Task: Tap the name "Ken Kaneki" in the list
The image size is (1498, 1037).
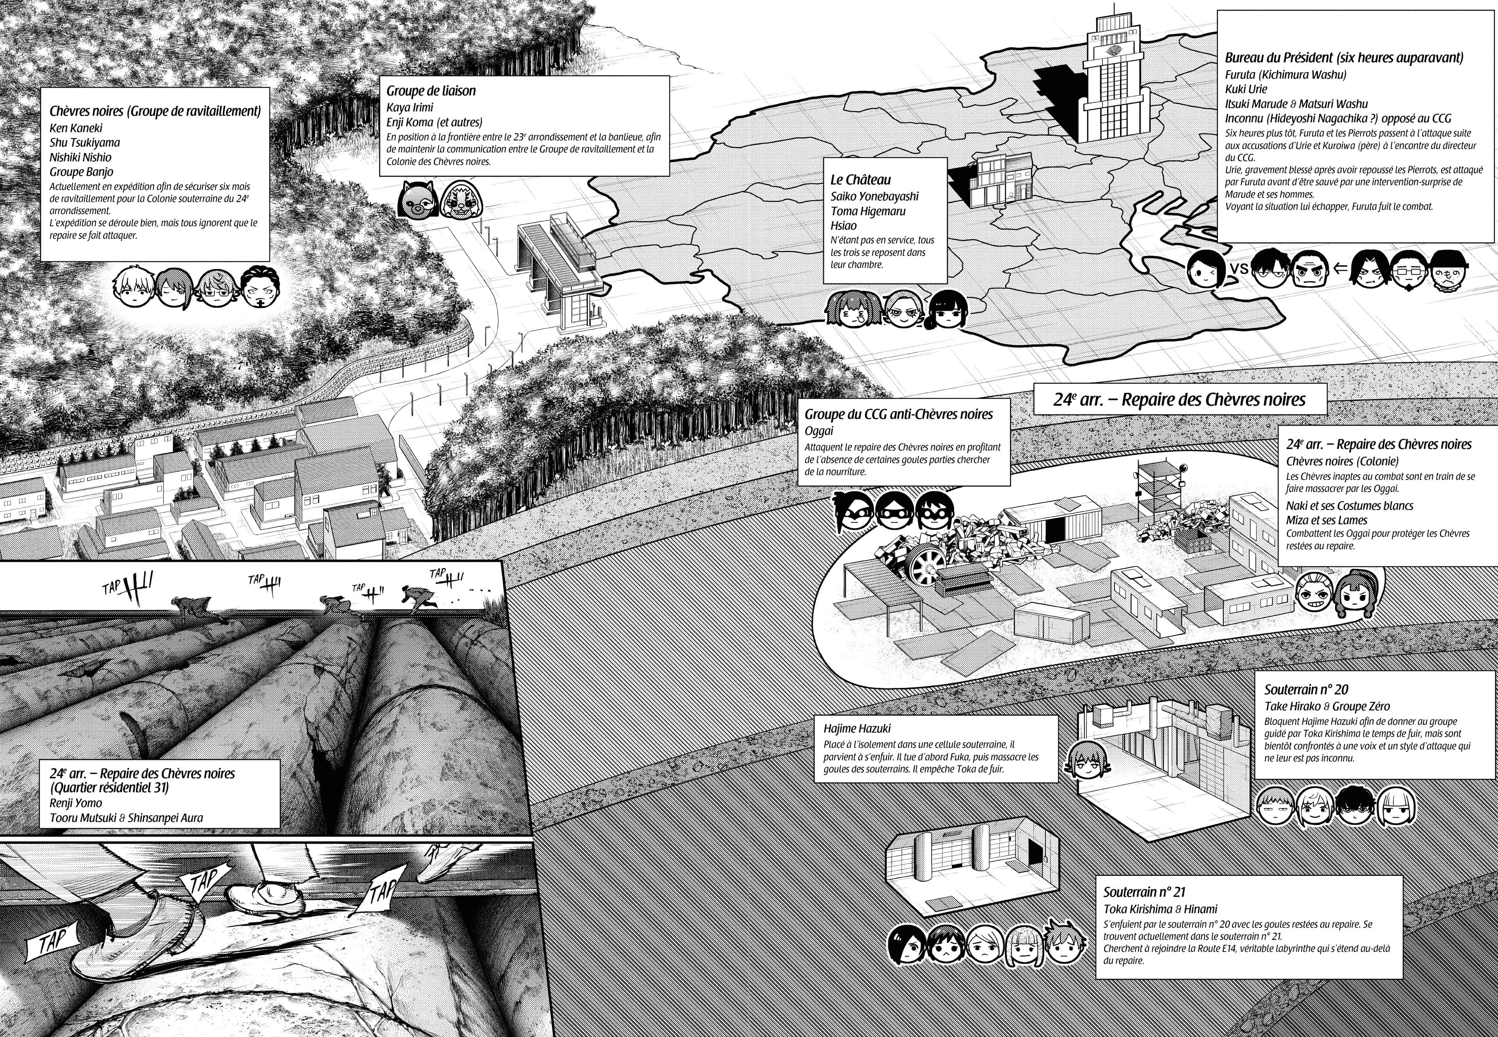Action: [x=76, y=128]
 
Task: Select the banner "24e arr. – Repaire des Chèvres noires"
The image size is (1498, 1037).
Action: [x=1179, y=399]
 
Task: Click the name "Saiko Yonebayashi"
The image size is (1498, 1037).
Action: [x=874, y=196]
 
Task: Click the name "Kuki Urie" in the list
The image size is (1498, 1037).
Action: [x=1246, y=89]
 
